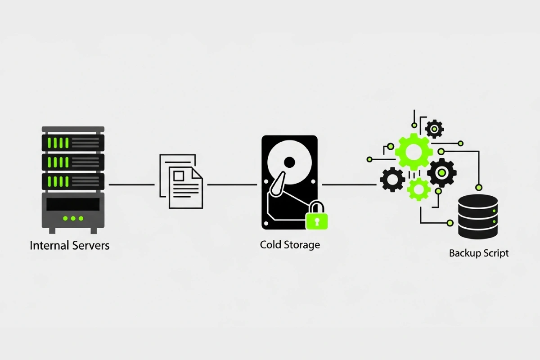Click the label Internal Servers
pos(69,246)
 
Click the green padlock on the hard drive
pos(317,216)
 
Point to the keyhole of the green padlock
pos(317,221)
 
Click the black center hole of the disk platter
pos(289,162)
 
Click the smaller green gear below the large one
pos(418,189)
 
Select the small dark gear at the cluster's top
pos(434,129)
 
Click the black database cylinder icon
pos(478,216)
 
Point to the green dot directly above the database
pos(478,187)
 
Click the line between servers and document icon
pos(131,184)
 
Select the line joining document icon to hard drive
pos(232,184)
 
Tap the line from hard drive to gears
pos(349,184)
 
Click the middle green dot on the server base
pos(73,218)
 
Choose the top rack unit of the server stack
pos(73,143)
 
